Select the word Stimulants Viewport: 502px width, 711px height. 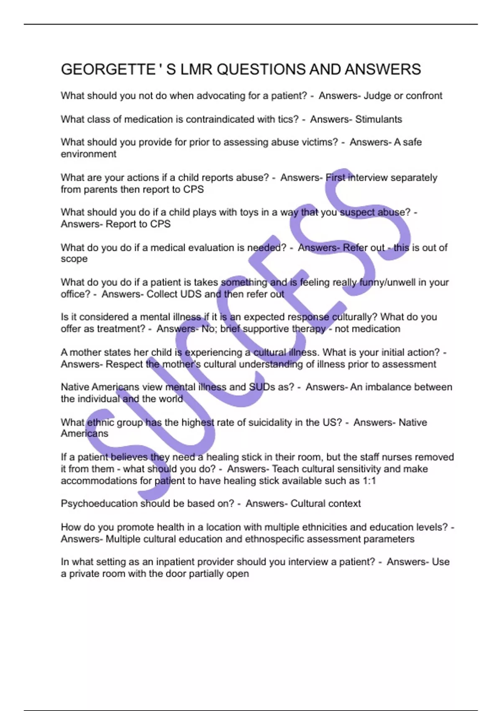(379, 119)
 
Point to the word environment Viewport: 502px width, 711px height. (88, 154)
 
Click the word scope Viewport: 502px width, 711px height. (74, 259)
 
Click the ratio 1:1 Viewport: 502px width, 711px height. (369, 481)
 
